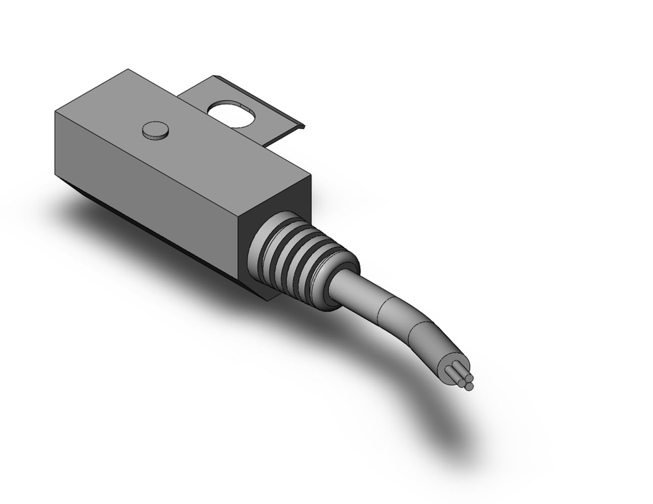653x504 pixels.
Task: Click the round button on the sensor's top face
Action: [155, 131]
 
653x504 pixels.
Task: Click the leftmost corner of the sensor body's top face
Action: [56, 112]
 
